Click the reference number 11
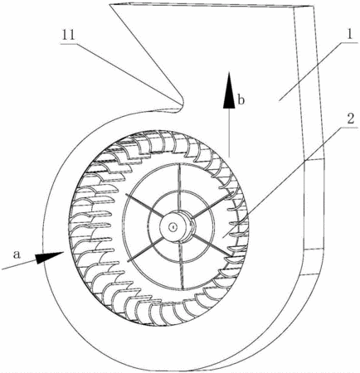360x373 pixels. pyautogui.click(x=68, y=35)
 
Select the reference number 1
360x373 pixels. pyautogui.click(x=349, y=34)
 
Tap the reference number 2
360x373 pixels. pyautogui.click(x=350, y=119)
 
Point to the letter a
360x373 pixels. pyautogui.click(x=17, y=254)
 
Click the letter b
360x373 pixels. pyautogui.click(x=241, y=100)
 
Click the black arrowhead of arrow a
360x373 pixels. pyautogui.click(x=50, y=257)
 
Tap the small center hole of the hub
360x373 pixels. pyautogui.click(x=173, y=227)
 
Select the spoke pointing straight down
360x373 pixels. pyautogui.click(x=181, y=266)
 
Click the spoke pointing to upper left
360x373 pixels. pyautogui.click(x=143, y=205)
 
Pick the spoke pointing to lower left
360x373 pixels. pyautogui.click(x=144, y=249)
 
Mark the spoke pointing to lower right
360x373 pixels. pyautogui.click(x=212, y=246)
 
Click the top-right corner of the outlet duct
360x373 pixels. pyautogui.click(x=314, y=7)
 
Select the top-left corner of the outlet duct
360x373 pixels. pyautogui.click(x=109, y=4)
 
